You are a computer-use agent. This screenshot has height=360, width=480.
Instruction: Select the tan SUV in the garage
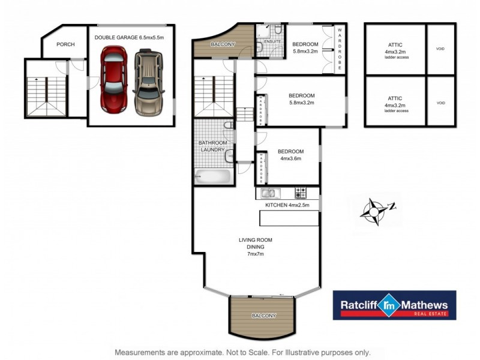coord(148,83)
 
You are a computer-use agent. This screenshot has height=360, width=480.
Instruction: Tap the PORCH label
coord(65,44)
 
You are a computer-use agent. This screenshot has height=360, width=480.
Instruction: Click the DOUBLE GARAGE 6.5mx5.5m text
coord(129,37)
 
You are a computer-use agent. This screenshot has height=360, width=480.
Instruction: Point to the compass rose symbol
coord(376,211)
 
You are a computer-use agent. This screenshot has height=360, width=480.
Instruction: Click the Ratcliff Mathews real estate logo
coord(394,305)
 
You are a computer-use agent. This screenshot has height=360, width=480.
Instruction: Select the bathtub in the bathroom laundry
coord(213,177)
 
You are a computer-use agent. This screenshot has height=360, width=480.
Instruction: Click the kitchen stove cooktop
coord(300,193)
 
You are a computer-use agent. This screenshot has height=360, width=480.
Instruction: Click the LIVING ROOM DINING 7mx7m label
coord(251,247)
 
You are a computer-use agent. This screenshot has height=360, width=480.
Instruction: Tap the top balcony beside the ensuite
coord(223,43)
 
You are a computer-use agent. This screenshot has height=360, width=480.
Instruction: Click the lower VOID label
coord(441,103)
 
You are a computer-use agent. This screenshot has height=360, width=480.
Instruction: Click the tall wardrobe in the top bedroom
coord(338,49)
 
